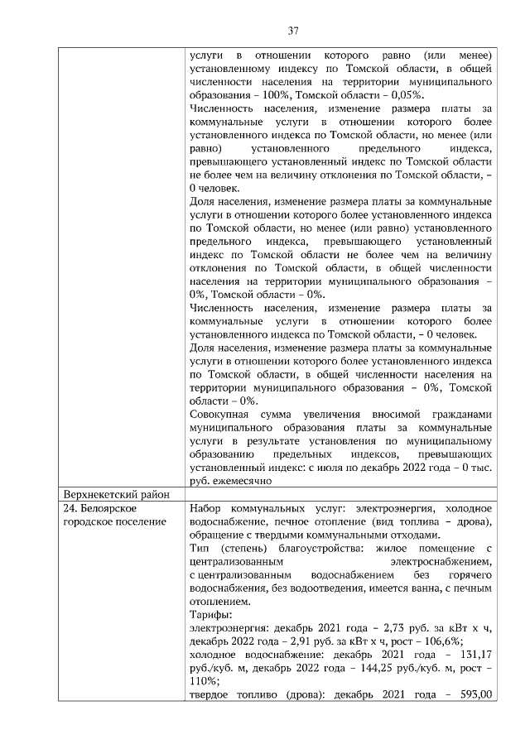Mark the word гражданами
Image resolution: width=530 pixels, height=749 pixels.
click(x=463, y=414)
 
